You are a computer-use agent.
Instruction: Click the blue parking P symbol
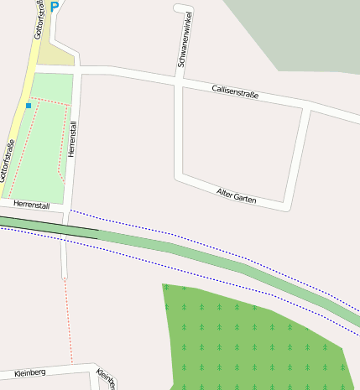click(55, 7)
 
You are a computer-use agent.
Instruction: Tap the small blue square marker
click(29, 107)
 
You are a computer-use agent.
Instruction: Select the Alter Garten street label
click(236, 196)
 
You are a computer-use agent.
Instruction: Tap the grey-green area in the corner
click(302, 29)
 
